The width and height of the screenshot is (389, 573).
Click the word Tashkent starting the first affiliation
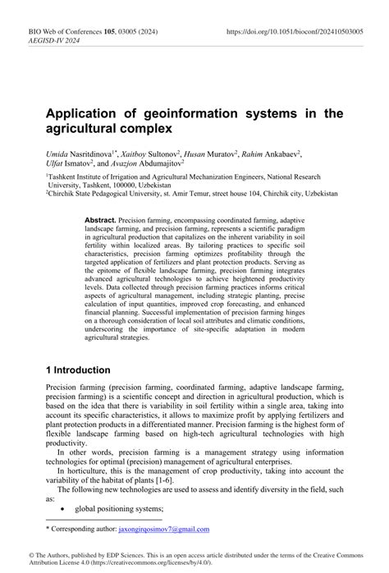69,176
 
